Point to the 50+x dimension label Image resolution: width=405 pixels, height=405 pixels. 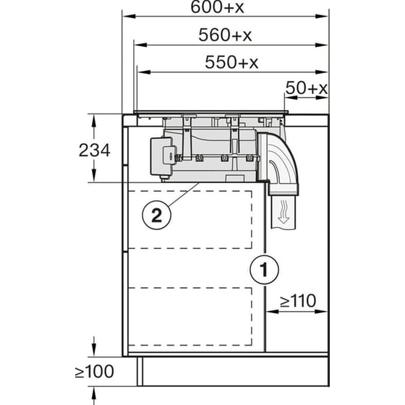click(x=307, y=88)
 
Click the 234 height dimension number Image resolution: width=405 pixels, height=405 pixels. click(x=95, y=150)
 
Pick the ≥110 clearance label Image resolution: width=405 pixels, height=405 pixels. click(x=293, y=299)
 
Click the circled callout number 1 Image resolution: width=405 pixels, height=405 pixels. click(x=264, y=270)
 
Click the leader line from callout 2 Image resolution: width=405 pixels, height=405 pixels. click(x=182, y=195)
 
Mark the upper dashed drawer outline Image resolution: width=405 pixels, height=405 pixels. click(x=192, y=218)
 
